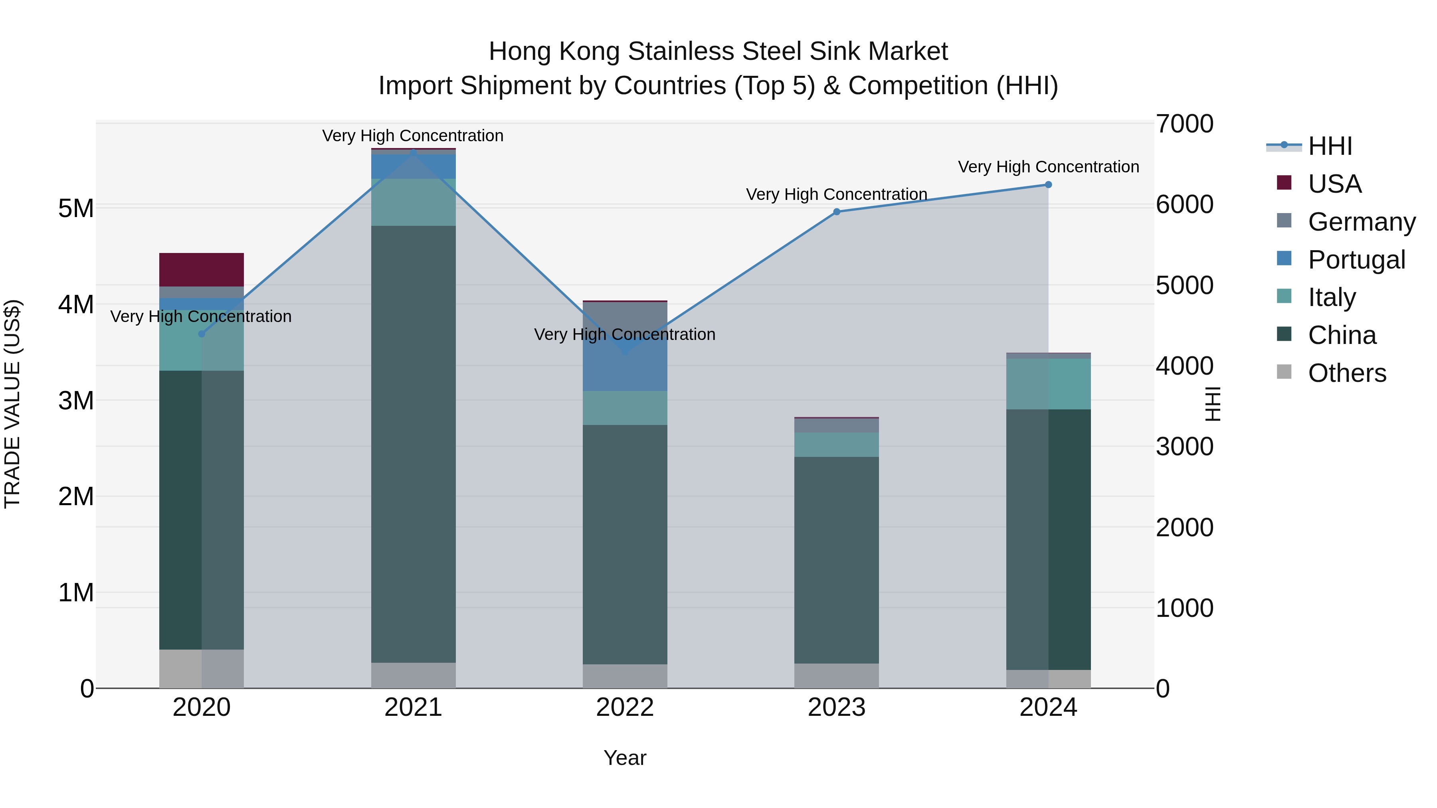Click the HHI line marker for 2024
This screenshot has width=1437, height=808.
pyautogui.click(x=1048, y=185)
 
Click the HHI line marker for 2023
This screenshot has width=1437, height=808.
pyautogui.click(x=836, y=212)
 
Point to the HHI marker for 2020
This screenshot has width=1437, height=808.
pyautogui.click(x=202, y=334)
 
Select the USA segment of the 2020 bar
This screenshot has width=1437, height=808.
pyautogui.click(x=202, y=270)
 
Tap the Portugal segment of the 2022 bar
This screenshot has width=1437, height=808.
pyautogui.click(x=625, y=368)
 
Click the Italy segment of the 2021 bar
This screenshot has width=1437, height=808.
pyautogui.click(x=414, y=202)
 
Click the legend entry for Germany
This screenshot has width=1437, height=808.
pyautogui.click(x=1361, y=221)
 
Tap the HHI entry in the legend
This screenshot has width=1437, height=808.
pyautogui.click(x=1330, y=146)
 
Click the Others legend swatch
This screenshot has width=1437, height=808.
pyautogui.click(x=1284, y=372)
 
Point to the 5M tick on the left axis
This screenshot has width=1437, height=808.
pyautogui.click(x=76, y=209)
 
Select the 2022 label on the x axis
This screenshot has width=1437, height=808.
pyautogui.click(x=625, y=707)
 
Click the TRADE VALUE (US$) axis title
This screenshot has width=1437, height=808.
pyautogui.click(x=12, y=404)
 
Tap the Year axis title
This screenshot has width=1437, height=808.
pyautogui.click(x=625, y=758)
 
